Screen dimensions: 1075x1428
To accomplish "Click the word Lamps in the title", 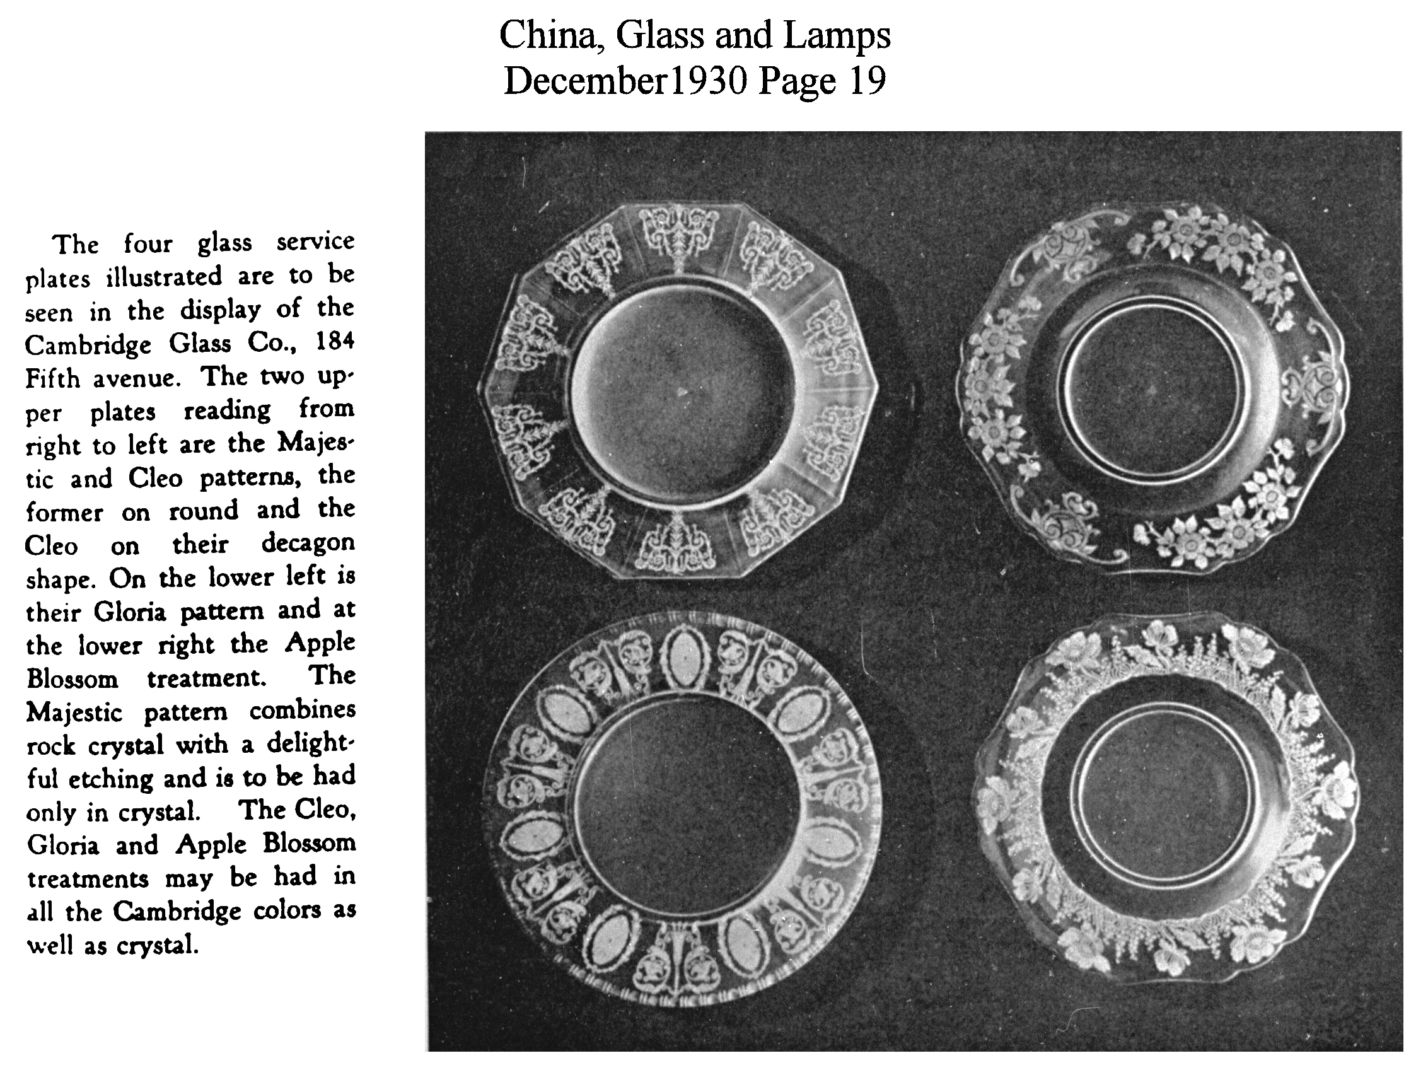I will (x=837, y=35).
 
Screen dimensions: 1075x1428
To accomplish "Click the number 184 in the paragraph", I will (x=335, y=340).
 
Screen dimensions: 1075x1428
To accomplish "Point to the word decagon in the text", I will (x=308, y=542).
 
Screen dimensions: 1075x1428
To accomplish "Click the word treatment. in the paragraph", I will (x=207, y=678).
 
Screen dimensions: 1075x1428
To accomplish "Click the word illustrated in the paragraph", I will (x=164, y=276).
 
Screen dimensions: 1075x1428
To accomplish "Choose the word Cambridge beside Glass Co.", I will (x=88, y=344).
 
